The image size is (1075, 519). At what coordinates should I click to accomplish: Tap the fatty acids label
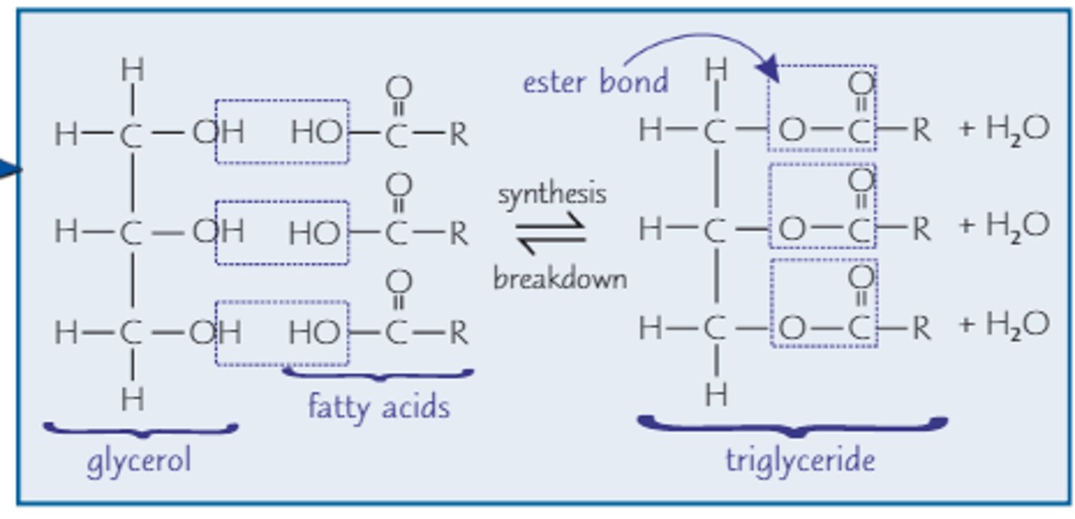click(378, 407)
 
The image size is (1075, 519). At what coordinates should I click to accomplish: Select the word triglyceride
click(800, 460)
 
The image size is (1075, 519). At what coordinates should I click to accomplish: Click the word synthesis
click(552, 195)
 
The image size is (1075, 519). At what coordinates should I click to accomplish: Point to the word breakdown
click(559, 278)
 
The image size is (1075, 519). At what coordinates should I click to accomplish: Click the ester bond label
click(595, 81)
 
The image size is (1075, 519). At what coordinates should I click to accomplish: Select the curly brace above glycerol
click(140, 430)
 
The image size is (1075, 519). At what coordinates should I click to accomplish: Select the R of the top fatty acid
click(458, 135)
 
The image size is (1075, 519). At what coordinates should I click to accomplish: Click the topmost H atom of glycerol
click(132, 71)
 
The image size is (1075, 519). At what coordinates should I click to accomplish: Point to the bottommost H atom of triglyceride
click(715, 394)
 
